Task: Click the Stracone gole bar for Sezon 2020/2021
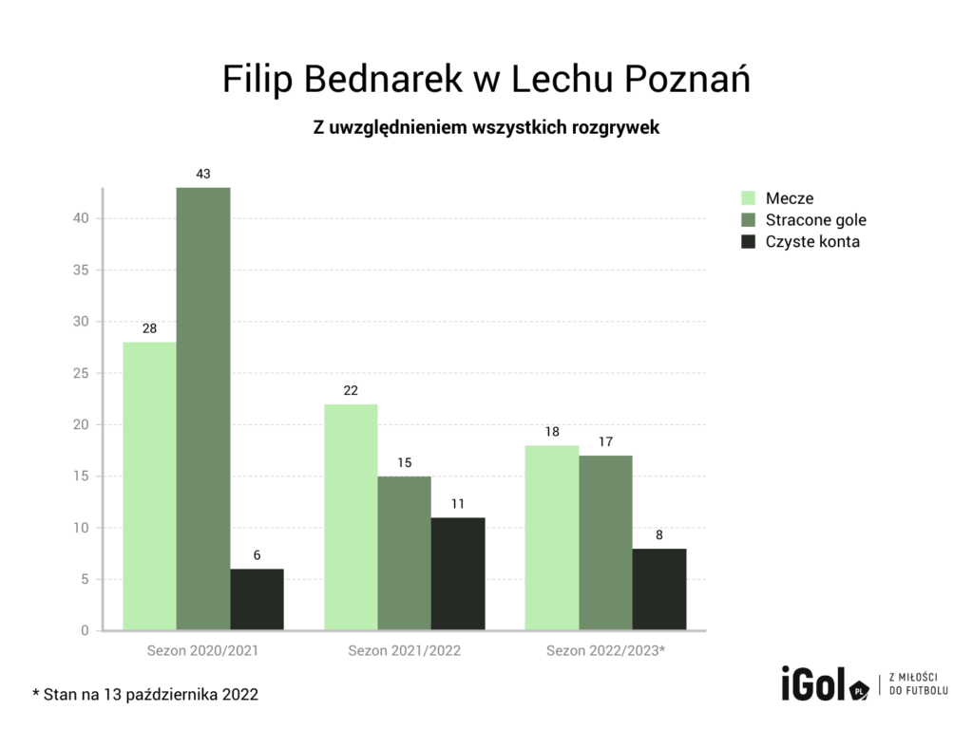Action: tap(203, 408)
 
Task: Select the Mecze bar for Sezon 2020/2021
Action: tap(149, 486)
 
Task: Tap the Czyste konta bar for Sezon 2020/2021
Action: tap(257, 599)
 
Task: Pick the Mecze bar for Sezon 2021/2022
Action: tap(351, 517)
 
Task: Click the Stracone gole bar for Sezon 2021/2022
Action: tap(404, 553)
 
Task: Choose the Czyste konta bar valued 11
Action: tap(458, 573)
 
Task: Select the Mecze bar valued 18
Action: tap(552, 537)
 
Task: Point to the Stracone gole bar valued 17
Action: tap(605, 543)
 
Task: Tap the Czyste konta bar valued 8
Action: tap(659, 589)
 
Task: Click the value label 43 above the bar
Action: tap(203, 175)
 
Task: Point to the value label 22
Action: tap(351, 391)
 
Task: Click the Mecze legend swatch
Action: tap(748, 198)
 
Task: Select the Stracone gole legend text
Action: tap(815, 220)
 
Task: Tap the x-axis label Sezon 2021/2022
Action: tap(404, 651)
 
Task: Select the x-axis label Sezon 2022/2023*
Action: tap(605, 651)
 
